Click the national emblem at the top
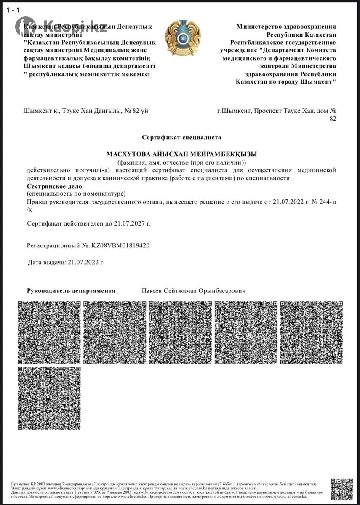[x=183, y=38]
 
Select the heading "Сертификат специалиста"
[x=181, y=137]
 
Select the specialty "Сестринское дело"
[x=54, y=186]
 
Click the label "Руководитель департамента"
[x=71, y=291]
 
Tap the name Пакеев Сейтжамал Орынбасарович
[x=194, y=291]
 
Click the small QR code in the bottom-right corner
[x=341, y=489]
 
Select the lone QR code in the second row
[x=49, y=398]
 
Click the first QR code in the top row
[x=49, y=332]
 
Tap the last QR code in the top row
[x=312, y=332]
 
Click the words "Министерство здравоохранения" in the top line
[x=286, y=27]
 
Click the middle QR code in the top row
[x=180, y=332]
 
